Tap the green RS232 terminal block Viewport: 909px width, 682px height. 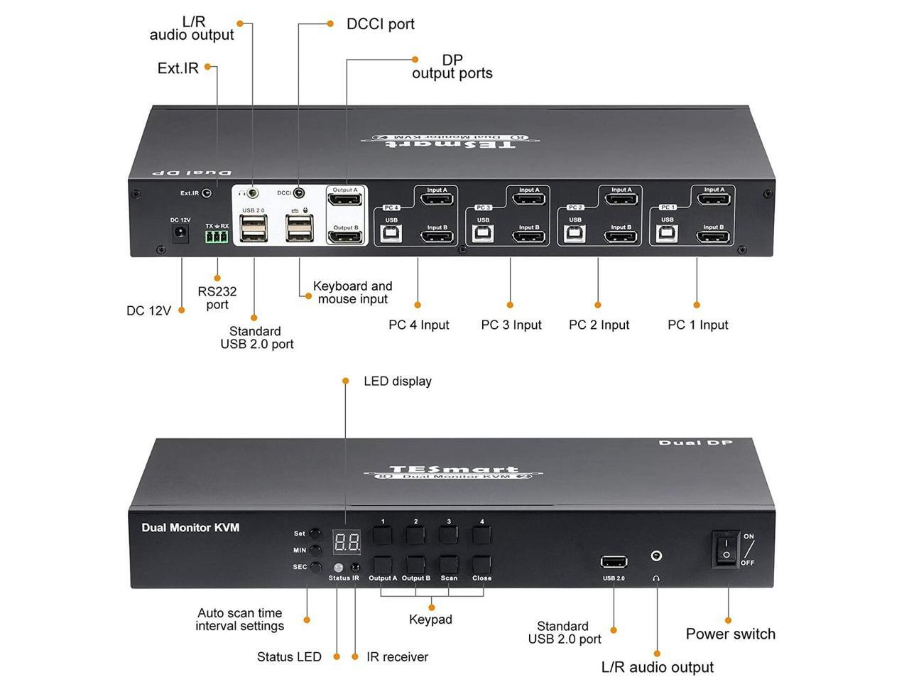(x=217, y=238)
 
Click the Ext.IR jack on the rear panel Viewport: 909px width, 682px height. (x=207, y=193)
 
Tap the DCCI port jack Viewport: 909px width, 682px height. (x=300, y=193)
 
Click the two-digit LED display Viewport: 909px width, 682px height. (x=347, y=543)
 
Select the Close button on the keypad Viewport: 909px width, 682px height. (x=481, y=564)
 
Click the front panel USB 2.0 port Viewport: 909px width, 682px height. (x=614, y=563)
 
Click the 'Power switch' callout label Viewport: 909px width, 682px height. (x=730, y=634)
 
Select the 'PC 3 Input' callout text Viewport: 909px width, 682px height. (x=511, y=325)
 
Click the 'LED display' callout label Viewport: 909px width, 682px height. (x=397, y=381)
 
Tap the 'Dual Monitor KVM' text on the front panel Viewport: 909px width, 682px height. (x=190, y=527)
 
